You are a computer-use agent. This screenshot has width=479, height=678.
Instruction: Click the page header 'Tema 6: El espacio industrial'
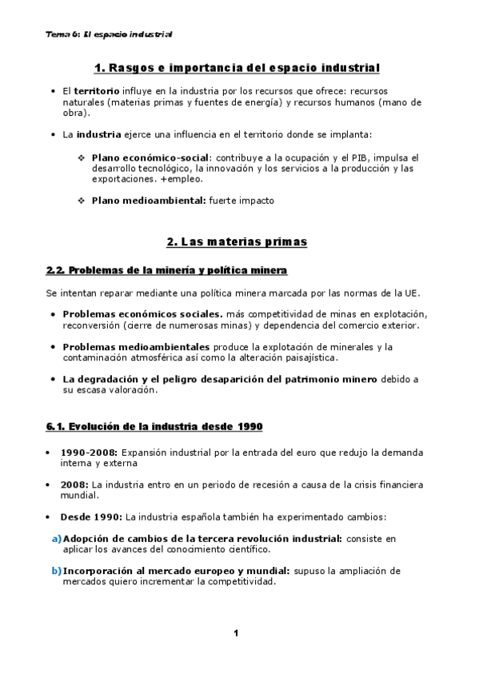pyautogui.click(x=110, y=35)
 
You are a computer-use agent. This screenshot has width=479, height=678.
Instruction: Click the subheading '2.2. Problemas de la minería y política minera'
pyautogui.click(x=166, y=271)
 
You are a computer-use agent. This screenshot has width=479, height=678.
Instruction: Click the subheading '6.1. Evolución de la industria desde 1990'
pyautogui.click(x=154, y=425)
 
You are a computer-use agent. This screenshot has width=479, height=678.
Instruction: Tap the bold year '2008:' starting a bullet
pyautogui.click(x=75, y=485)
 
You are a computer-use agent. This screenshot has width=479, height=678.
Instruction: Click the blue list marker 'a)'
pyautogui.click(x=56, y=539)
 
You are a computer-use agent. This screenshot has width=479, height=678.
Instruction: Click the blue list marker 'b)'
pyautogui.click(x=56, y=571)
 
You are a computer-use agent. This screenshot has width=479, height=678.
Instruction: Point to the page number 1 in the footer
pyautogui.click(x=237, y=633)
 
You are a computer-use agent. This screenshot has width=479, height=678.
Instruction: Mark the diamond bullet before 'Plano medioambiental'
pyautogui.click(x=82, y=201)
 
